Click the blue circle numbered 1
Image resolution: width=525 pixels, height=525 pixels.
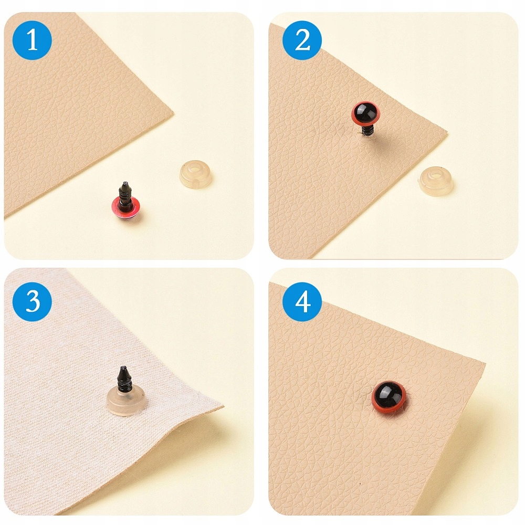[x=32, y=40]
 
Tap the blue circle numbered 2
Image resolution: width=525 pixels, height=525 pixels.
[x=302, y=40]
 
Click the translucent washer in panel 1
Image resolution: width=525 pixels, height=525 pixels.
[x=195, y=174]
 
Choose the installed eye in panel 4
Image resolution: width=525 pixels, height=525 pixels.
[x=388, y=397]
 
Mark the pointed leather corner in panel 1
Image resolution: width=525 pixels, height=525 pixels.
[x=173, y=114]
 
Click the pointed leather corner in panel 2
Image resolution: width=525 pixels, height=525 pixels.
[x=447, y=131]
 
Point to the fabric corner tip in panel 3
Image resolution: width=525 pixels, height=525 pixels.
[x=223, y=406]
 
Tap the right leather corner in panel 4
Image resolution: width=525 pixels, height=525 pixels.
[x=485, y=363]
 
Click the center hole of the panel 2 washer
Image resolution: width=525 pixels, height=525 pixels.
[x=436, y=175]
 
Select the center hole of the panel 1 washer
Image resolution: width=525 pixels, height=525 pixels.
[x=196, y=168]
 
